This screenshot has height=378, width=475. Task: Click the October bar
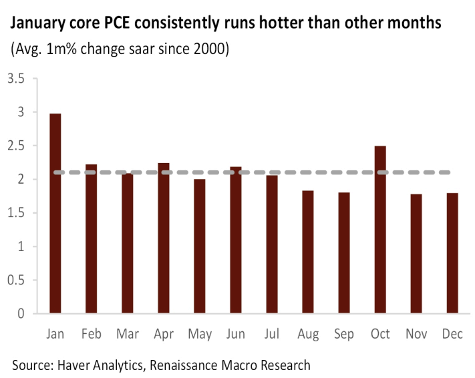point(380,230)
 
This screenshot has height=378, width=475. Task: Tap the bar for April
point(164,238)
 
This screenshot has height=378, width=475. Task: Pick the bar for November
point(416,253)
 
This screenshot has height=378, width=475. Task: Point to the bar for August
point(308,252)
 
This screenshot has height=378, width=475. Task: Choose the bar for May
point(200,246)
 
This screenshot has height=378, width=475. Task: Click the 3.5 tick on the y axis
point(16,79)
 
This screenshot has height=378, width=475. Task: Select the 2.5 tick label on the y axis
point(16,146)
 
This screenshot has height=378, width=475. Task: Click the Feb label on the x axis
point(92,333)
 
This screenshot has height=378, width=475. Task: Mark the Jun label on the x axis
point(236,333)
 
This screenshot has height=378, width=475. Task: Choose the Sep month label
point(344,333)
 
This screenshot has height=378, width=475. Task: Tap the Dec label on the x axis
point(452,333)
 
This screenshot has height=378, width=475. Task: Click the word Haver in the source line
point(74,365)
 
